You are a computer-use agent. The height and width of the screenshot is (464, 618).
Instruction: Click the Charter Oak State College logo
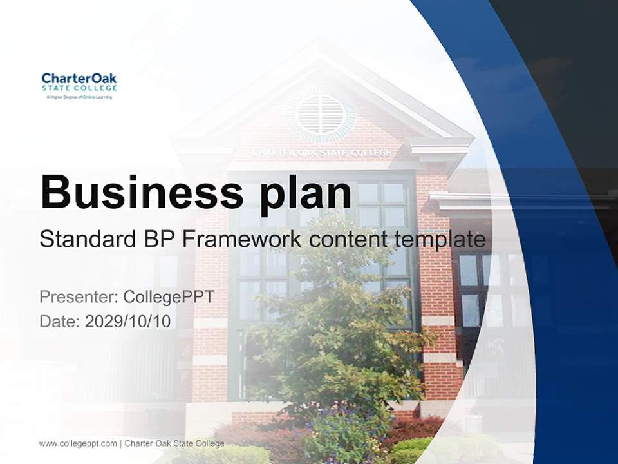click(x=79, y=86)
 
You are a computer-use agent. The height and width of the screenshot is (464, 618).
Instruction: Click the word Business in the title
click(x=142, y=193)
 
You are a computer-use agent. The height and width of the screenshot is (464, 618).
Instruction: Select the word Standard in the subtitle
click(x=88, y=239)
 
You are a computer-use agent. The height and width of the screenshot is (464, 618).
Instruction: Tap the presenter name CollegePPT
click(x=169, y=297)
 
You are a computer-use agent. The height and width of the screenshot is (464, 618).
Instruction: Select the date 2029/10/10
click(x=128, y=322)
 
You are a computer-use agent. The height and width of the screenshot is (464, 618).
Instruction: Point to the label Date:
click(x=60, y=322)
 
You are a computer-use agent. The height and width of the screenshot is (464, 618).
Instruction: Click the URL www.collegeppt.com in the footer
click(x=78, y=444)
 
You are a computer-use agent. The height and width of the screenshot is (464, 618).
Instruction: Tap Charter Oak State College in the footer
click(x=174, y=443)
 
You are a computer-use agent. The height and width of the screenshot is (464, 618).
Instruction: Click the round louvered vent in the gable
click(x=321, y=115)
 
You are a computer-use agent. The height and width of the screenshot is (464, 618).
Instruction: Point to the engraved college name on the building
click(x=322, y=153)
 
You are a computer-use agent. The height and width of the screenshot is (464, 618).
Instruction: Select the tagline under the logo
click(x=79, y=97)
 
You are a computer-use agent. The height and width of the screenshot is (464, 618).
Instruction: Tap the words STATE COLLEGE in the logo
click(x=80, y=88)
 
